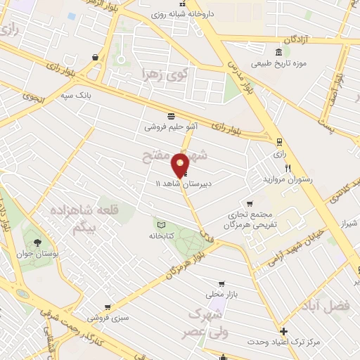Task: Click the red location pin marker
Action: pos(181,165)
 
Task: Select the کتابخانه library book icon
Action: pos(160,224)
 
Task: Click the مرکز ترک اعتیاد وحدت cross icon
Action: pos(283,331)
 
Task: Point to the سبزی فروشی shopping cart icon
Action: pos(107,307)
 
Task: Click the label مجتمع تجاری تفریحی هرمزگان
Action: pos(248,219)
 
